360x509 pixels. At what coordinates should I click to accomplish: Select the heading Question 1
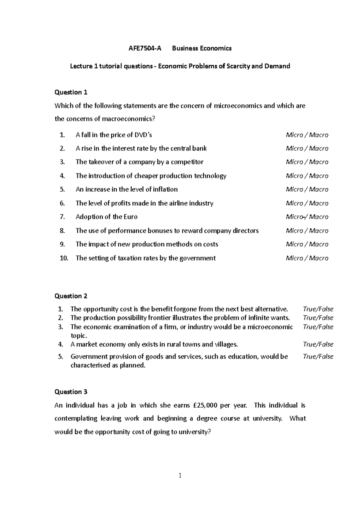[71, 92]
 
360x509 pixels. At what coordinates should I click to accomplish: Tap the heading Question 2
[71, 296]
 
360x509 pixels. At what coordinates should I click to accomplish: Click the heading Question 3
[71, 392]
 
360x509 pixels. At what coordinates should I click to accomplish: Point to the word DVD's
[143, 135]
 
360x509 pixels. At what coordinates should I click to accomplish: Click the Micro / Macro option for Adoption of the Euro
[307, 217]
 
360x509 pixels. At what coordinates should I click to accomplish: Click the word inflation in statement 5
[165, 189]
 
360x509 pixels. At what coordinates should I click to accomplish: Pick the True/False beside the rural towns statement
[318, 344]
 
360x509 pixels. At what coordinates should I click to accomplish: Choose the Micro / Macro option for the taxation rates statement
[307, 258]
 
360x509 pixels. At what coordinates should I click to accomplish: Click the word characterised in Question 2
[90, 365]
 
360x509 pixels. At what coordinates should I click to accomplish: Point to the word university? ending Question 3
[195, 432]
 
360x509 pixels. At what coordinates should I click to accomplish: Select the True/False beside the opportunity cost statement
[318, 309]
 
